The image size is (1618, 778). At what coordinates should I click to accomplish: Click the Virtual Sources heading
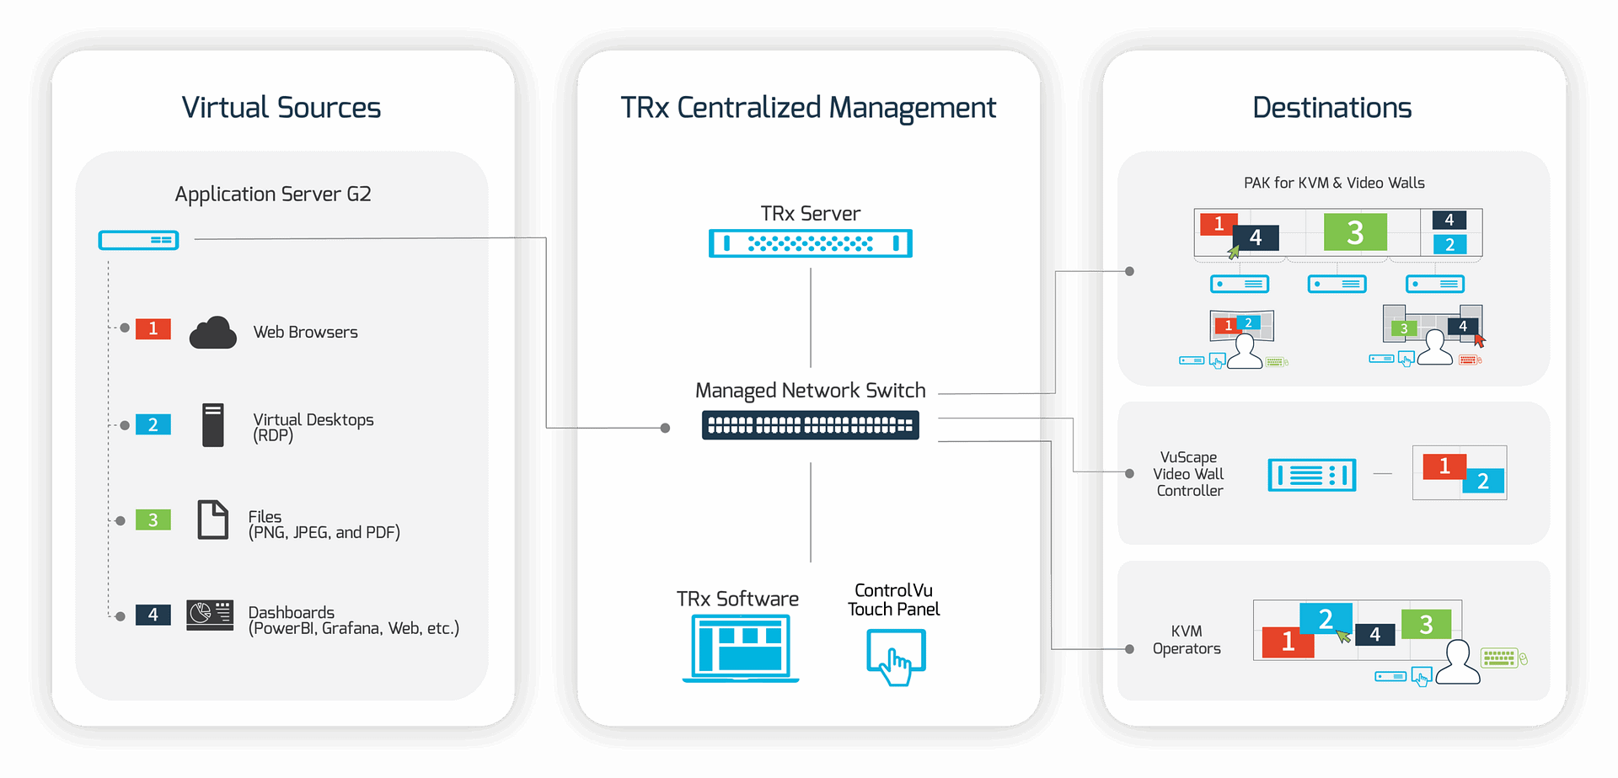tap(281, 108)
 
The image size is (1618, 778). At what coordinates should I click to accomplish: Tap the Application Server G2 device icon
tap(139, 241)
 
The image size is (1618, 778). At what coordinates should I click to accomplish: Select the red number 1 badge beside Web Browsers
tap(153, 328)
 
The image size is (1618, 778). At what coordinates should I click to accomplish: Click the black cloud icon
tap(212, 333)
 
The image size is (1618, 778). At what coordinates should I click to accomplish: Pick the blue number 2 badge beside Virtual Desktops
tap(153, 424)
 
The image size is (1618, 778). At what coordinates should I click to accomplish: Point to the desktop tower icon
tap(213, 424)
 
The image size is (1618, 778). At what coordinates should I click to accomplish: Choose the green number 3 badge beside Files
tap(153, 520)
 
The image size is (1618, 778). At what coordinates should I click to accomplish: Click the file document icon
tap(212, 520)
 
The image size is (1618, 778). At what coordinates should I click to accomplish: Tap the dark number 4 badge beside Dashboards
tap(153, 615)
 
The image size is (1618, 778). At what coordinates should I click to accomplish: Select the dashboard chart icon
tap(210, 615)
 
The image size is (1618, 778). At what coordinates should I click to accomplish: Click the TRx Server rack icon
tap(810, 243)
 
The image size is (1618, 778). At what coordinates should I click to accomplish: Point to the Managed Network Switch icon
tap(810, 425)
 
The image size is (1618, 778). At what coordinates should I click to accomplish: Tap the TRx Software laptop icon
tap(741, 647)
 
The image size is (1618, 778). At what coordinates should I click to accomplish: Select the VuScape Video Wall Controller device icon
tap(1311, 476)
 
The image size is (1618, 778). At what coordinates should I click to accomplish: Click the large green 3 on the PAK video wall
tap(1355, 232)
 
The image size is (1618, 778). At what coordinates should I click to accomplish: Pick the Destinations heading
tap(1331, 108)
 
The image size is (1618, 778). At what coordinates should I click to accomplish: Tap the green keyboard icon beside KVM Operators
tap(1499, 658)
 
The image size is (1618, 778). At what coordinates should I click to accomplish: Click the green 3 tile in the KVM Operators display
tap(1426, 624)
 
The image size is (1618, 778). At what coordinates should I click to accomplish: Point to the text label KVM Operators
tap(1187, 640)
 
